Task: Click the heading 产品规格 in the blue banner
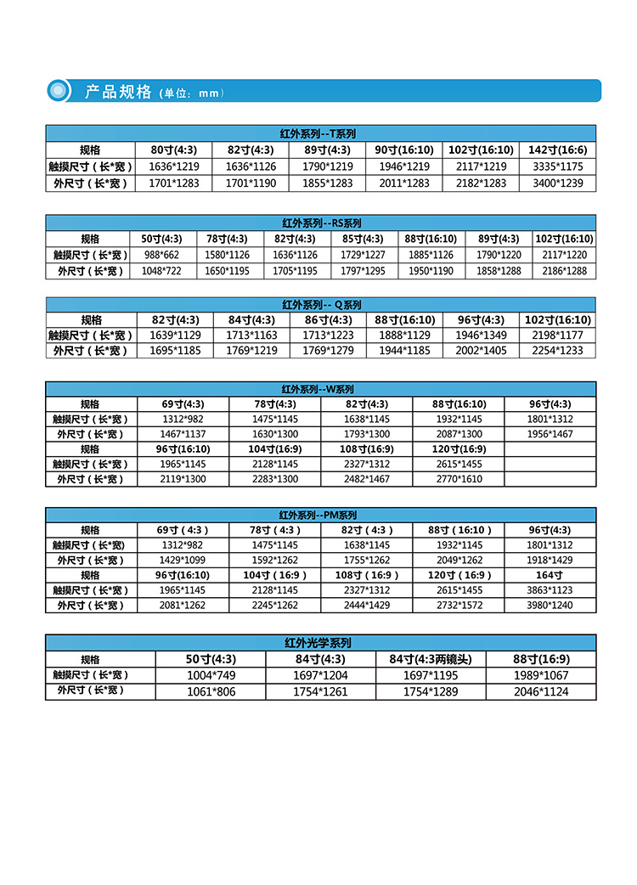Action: pyautogui.click(x=118, y=92)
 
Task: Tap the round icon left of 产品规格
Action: pyautogui.click(x=58, y=90)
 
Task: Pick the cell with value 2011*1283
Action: pyautogui.click(x=403, y=183)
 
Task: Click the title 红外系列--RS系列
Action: pyautogui.click(x=321, y=223)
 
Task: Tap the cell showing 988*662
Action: pyautogui.click(x=161, y=255)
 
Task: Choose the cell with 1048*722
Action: pyautogui.click(x=161, y=271)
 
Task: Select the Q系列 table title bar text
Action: pyautogui.click(x=321, y=304)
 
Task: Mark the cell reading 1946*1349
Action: pyautogui.click(x=481, y=335)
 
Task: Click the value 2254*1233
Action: pyautogui.click(x=557, y=351)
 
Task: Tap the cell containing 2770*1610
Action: pyautogui.click(x=458, y=480)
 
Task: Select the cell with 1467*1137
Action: pyautogui.click(x=183, y=434)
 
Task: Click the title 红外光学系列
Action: pyautogui.click(x=320, y=643)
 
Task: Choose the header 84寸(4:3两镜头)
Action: pyautogui.click(x=436, y=659)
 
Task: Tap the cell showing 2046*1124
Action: pyautogui.click(x=541, y=691)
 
